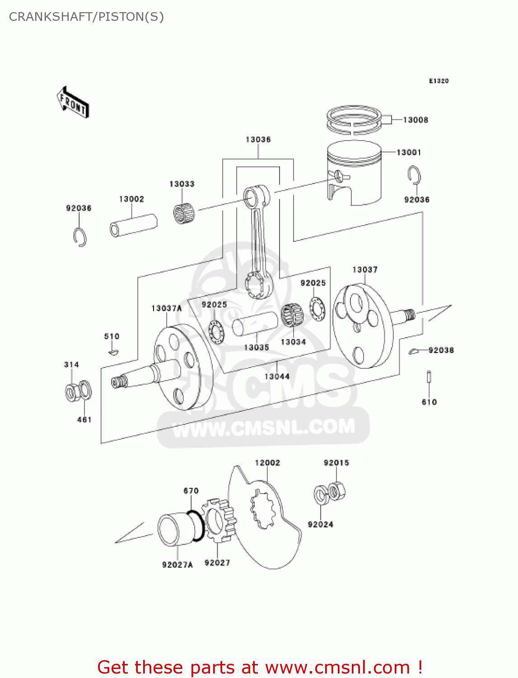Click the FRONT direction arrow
click(73, 103)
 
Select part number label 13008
click(415, 120)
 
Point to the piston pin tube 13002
click(133, 225)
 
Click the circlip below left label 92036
click(80, 237)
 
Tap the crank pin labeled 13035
click(255, 324)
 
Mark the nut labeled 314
click(71, 392)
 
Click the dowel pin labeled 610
click(429, 377)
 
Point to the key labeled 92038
click(414, 351)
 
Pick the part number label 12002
click(267, 463)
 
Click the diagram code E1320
click(439, 81)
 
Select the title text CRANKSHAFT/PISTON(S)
click(86, 17)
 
